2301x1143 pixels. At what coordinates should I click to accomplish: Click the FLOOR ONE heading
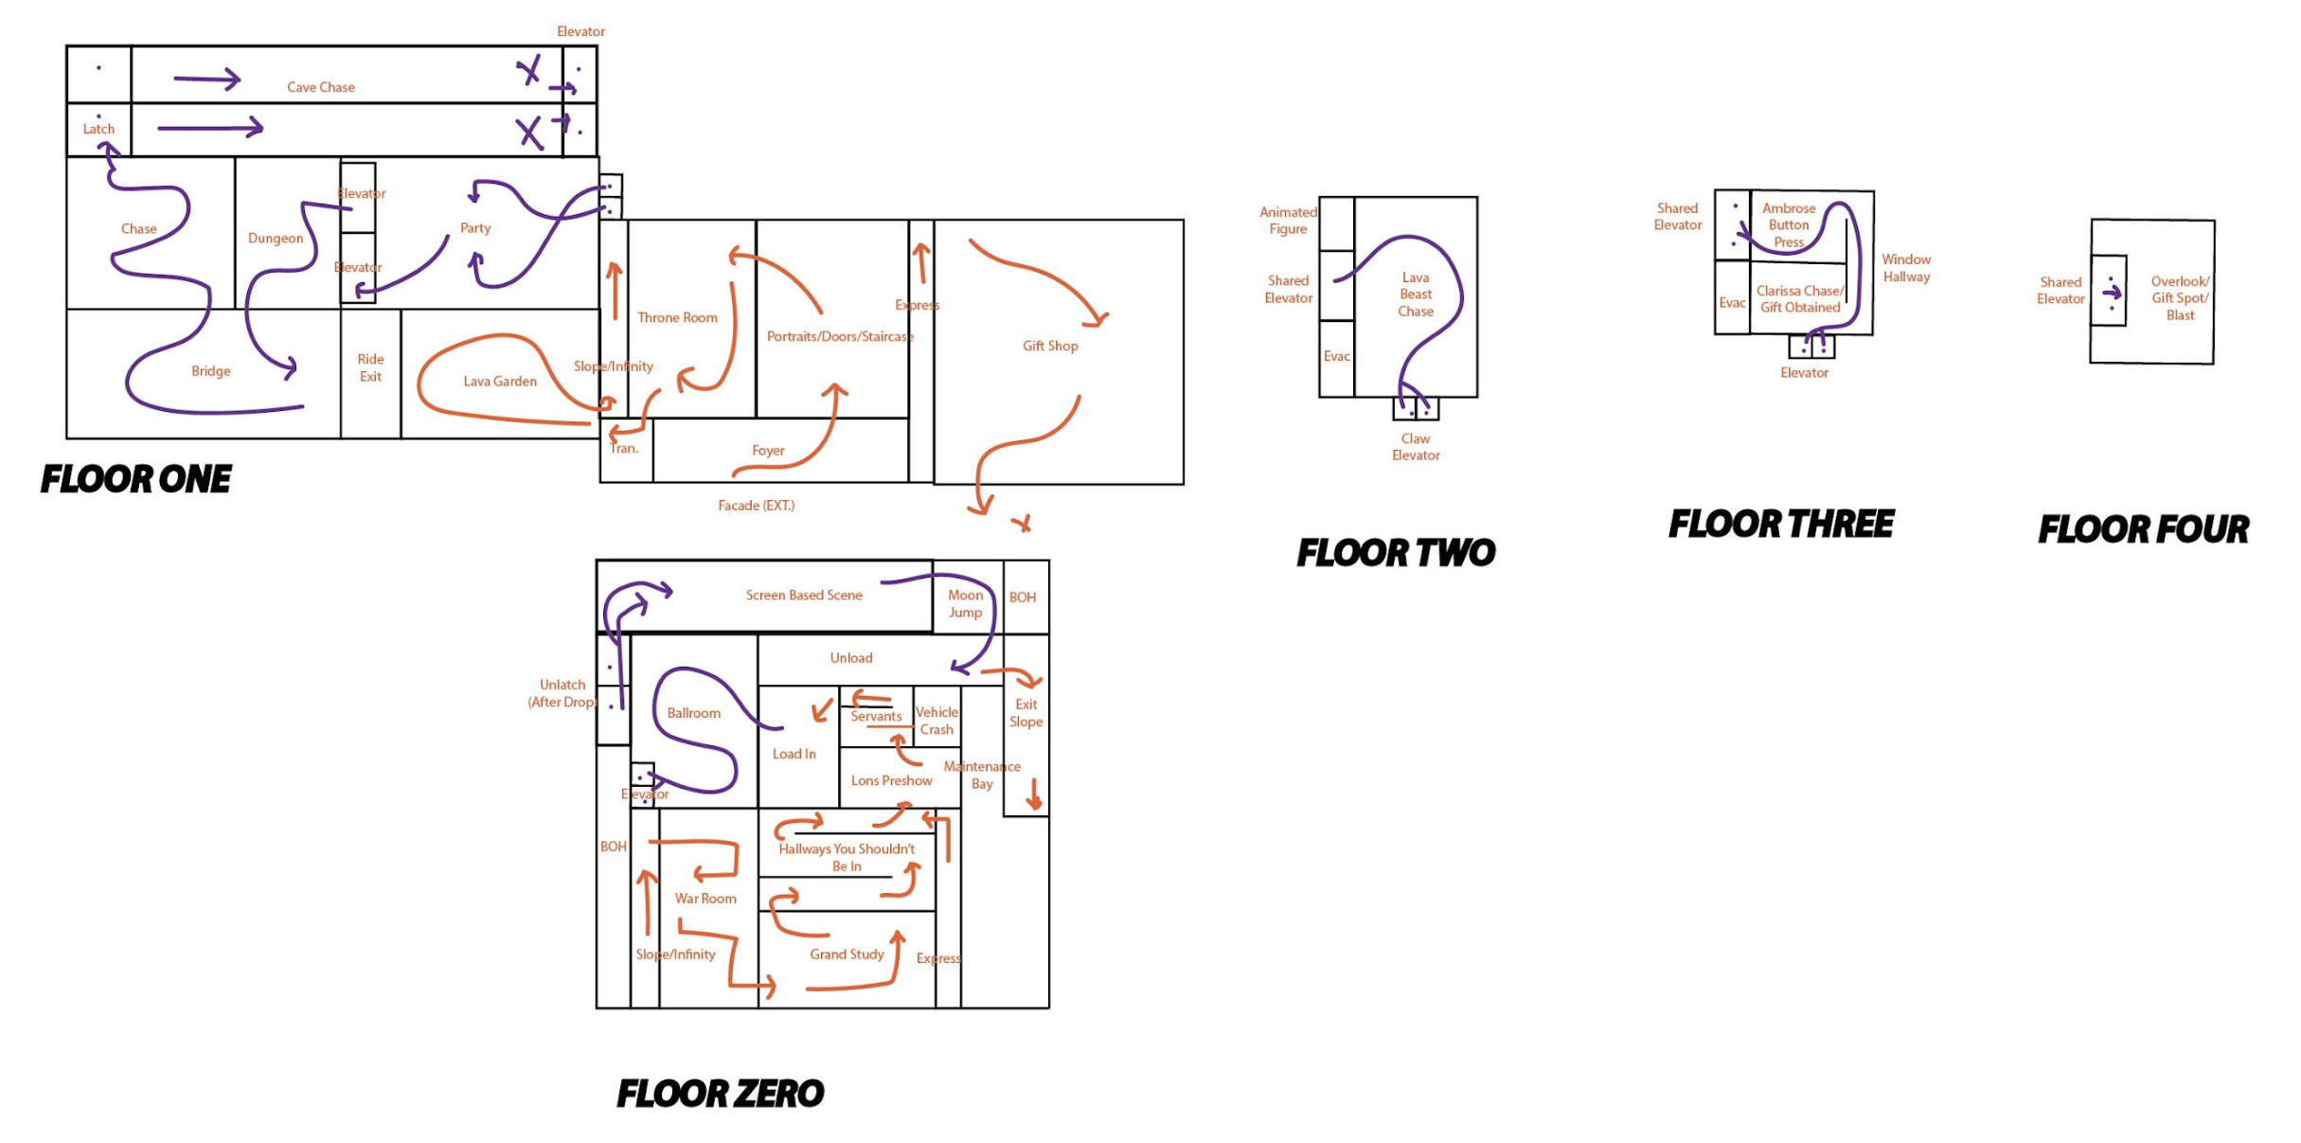135,479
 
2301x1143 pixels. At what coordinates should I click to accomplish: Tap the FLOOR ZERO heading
720,1094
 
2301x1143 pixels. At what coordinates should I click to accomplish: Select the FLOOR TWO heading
1396,553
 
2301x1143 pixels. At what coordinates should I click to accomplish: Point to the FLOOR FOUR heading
2143,529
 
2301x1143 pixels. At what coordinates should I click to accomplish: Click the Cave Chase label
321,87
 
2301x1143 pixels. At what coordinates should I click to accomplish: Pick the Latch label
98,129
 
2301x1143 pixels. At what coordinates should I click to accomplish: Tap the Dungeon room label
276,239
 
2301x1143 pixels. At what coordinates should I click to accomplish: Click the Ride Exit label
370,367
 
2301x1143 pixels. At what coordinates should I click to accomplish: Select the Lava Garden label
500,382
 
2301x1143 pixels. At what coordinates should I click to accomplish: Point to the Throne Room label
677,318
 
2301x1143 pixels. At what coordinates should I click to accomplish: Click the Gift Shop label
1050,347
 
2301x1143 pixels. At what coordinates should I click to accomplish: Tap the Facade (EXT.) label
756,506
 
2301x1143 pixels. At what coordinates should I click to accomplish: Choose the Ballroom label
693,713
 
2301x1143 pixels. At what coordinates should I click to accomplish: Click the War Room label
705,899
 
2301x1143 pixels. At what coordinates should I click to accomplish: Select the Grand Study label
847,955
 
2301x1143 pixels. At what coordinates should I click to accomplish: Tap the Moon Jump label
965,603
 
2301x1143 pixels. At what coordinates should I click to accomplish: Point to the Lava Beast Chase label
1416,295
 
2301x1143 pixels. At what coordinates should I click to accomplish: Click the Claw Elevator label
1416,447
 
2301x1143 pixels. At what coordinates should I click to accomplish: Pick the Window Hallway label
1906,268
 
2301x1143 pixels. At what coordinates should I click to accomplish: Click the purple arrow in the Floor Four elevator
2112,293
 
